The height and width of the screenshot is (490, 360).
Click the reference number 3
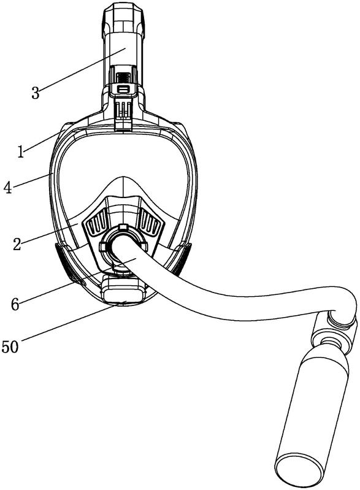36,93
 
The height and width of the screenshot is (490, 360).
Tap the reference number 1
21,152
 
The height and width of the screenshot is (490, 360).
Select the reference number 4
8,188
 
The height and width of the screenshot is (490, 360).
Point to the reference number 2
17,244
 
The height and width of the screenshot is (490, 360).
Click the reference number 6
15,304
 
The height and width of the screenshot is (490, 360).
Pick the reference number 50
10,347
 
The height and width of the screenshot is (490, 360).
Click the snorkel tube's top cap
123,20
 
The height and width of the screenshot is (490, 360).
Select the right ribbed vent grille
151,223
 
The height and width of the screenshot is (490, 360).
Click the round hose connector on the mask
123,248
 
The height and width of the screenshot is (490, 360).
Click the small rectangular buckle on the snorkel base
123,90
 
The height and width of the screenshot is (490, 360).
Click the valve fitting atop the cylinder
334,335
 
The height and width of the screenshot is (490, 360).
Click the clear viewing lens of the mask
123,169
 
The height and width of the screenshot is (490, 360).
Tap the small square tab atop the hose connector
123,226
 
